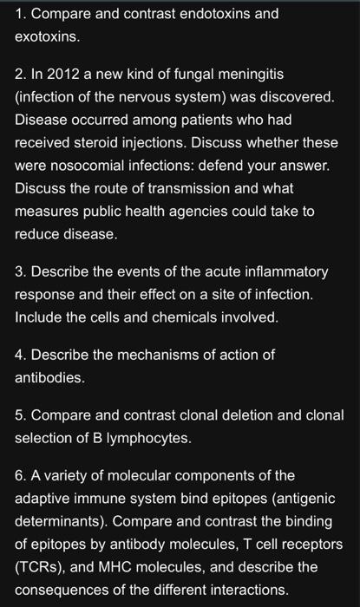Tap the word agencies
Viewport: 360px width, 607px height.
point(208,211)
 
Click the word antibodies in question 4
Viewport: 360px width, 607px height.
point(50,378)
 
